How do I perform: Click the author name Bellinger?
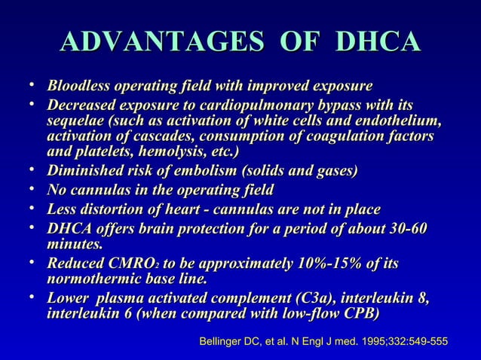(222, 343)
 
